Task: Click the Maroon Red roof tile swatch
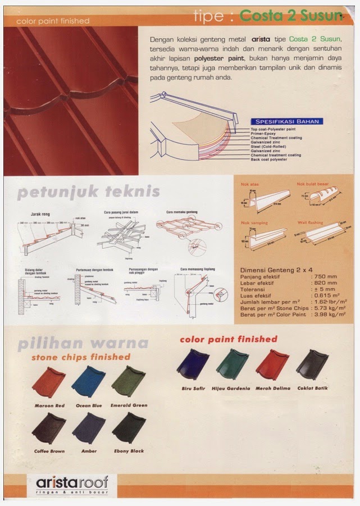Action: [x=48, y=381]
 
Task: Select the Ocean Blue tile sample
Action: [x=88, y=381]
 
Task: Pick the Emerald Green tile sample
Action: [x=129, y=381]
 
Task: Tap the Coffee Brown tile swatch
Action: [x=48, y=428]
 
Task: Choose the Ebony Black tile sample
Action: [x=129, y=428]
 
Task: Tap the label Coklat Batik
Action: [x=312, y=388]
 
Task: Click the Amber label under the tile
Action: [x=89, y=451]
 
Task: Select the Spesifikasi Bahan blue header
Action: [x=288, y=121]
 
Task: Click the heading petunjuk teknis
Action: [x=89, y=192]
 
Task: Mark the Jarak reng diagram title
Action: [x=40, y=214]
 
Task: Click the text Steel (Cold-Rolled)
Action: [x=268, y=147]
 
